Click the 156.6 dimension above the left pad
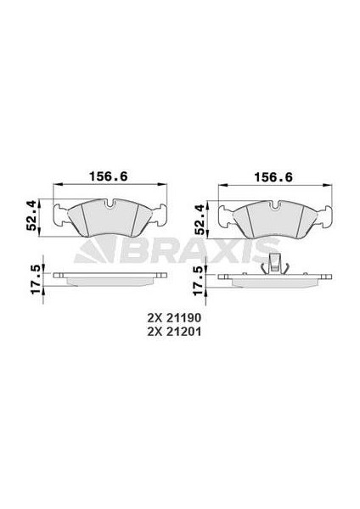tap(103, 178)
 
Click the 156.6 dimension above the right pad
tap(267, 178)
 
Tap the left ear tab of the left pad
tap(61, 217)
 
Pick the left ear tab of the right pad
tap(227, 217)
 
